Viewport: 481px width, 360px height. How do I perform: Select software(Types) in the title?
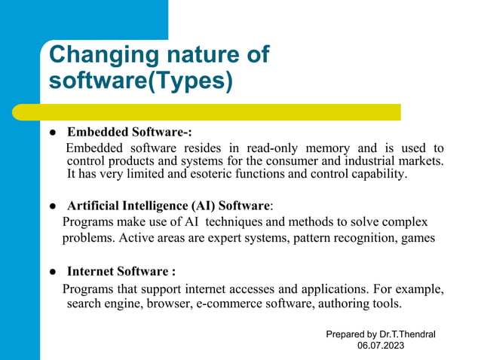pos(140,81)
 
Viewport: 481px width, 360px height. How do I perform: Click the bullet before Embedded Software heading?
pos(54,131)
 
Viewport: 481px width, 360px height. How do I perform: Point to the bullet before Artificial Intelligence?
pos(54,206)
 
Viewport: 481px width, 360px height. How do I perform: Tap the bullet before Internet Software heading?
pos(54,272)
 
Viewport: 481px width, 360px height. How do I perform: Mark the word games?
pos(418,239)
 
